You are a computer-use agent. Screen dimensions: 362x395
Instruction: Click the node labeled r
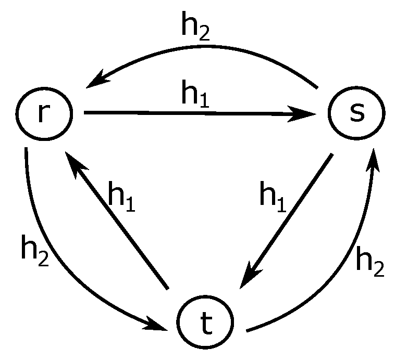click(43, 113)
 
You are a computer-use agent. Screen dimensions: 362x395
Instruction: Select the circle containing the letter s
click(356, 113)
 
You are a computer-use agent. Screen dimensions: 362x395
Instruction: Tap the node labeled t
click(205, 325)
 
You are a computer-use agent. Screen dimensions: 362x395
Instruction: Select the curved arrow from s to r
click(203, 47)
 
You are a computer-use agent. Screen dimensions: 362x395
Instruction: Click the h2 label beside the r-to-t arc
click(34, 250)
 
